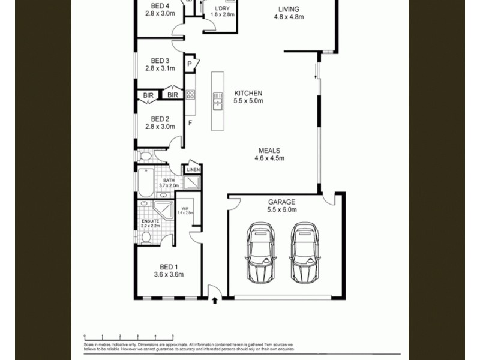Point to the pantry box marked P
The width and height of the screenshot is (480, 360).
tap(190, 63)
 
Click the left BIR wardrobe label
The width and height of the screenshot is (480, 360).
tap(148, 95)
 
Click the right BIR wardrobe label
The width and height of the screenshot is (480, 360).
tap(173, 95)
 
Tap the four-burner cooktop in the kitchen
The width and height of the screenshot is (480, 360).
tap(190, 94)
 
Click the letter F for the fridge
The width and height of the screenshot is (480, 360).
tap(190, 123)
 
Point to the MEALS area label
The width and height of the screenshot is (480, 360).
tap(269, 151)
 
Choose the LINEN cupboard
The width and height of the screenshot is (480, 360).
tap(193, 169)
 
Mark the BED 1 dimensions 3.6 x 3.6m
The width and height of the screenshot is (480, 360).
tap(168, 275)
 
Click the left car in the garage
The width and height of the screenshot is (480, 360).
tap(261, 253)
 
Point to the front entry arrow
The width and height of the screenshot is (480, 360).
tap(214, 301)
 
